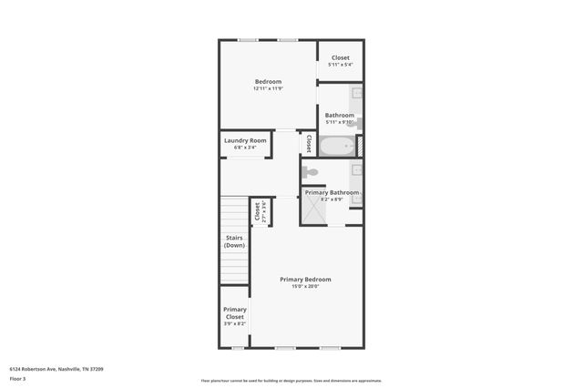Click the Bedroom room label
268,81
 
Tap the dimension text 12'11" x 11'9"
268,88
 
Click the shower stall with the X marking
315,211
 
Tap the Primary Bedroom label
305,279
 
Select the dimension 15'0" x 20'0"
305,286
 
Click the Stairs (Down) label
235,241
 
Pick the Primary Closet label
235,312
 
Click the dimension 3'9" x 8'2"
235,323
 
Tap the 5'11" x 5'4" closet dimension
341,65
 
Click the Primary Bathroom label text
332,192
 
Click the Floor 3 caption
17,377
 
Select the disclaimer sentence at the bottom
291,381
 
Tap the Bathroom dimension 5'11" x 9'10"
340,122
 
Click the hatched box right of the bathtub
360,146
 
